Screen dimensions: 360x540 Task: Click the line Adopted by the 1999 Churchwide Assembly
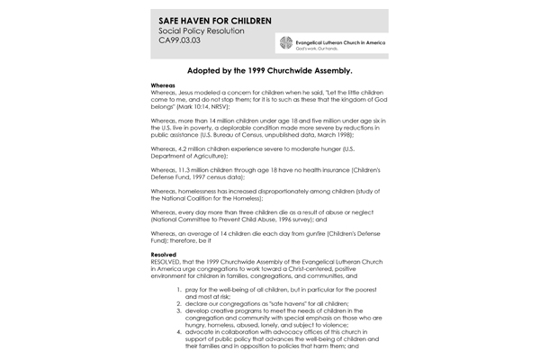(x=269, y=68)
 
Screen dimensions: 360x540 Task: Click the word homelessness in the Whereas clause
(x=199, y=192)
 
